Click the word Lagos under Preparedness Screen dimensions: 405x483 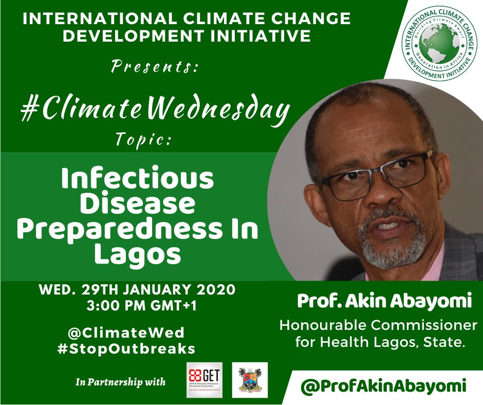click(137, 254)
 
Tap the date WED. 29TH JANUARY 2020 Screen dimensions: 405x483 click(137, 290)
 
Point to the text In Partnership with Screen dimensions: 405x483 click(121, 381)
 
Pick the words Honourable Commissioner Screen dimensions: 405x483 click(378, 325)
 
